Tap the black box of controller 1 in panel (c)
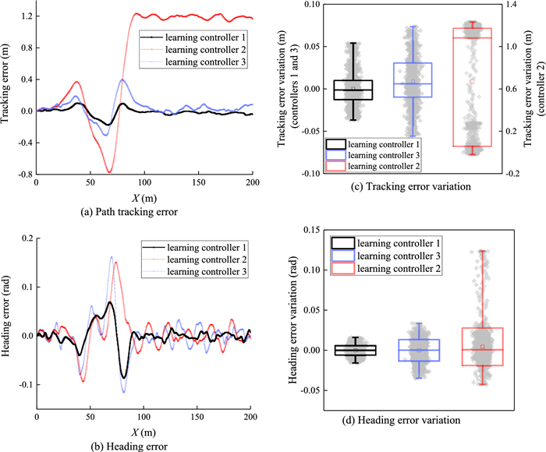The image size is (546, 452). (353, 90)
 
